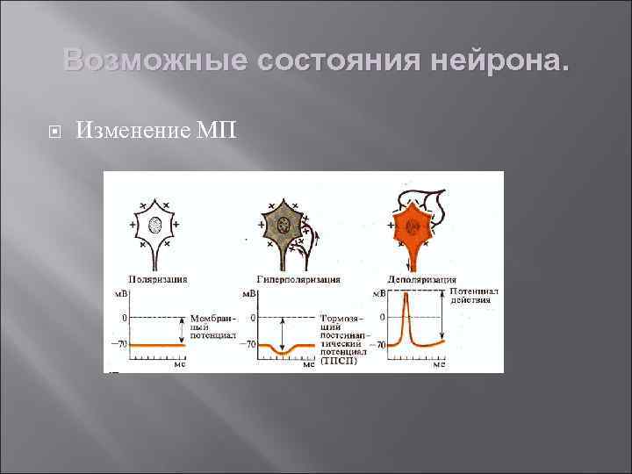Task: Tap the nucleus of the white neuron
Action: coord(156,225)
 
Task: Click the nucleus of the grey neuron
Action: coord(284,226)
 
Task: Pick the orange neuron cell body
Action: coord(409,226)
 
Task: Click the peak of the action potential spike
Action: coord(406,296)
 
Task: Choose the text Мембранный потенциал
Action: coord(211,326)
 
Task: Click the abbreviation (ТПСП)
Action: coord(338,361)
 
